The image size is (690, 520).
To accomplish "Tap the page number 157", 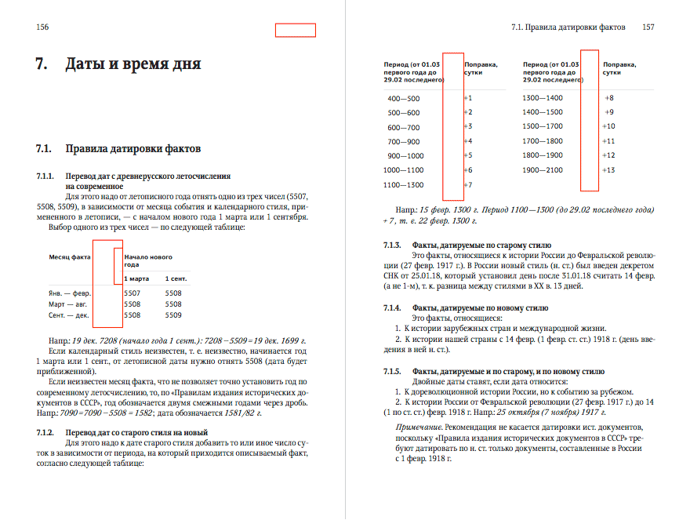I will pos(648,27).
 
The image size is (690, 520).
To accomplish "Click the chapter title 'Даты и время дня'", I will pos(133,64).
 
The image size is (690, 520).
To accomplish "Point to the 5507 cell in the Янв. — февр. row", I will pos(133,293).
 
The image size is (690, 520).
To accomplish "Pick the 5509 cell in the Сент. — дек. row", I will pos(173,315).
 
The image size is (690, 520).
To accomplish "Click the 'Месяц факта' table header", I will pos(70,256).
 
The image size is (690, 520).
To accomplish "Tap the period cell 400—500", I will pos(404,99).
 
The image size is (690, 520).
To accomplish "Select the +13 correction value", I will pos(608,170).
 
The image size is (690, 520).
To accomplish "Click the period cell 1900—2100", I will pos(543,170).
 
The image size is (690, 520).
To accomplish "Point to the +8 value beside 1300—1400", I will pos(609,98).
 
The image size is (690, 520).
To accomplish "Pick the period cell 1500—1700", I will pos(543,126).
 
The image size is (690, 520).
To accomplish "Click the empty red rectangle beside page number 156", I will pos(295,31).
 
